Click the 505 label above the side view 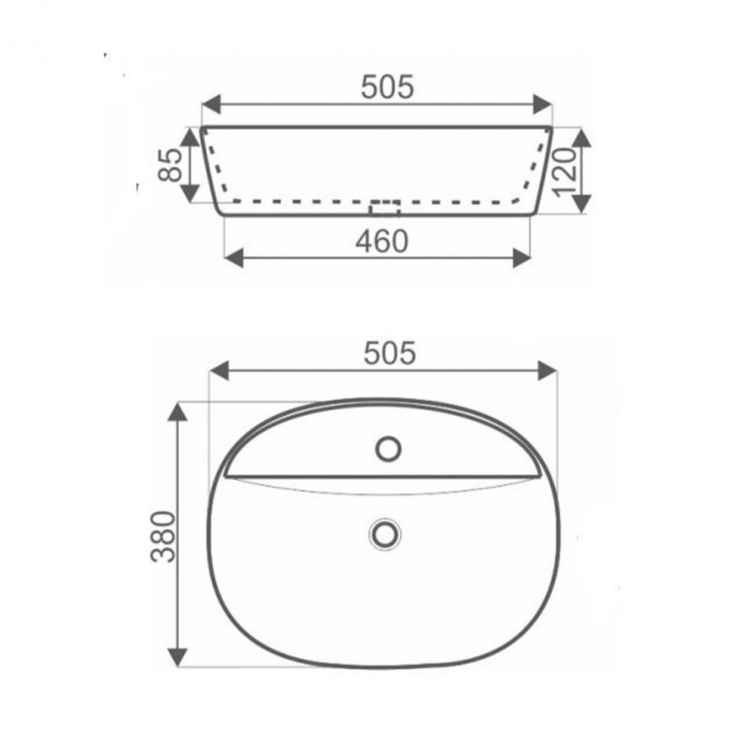387,88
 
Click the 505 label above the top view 390,353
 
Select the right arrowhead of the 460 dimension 521,258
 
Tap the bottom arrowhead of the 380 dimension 177,658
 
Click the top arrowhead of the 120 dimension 581,137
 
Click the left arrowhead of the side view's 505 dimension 211,104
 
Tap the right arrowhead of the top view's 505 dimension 548,370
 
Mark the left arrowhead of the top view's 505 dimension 218,370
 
